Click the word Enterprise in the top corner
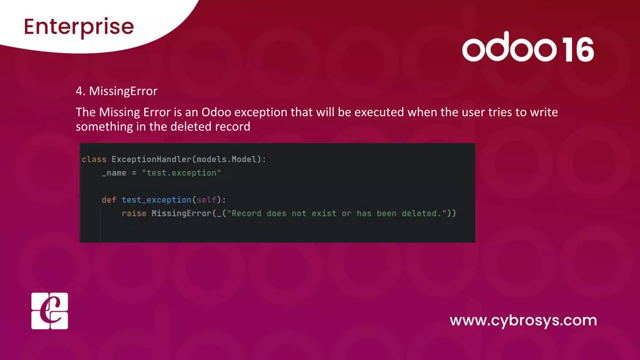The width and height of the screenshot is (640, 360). point(79,27)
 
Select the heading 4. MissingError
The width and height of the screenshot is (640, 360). point(117,91)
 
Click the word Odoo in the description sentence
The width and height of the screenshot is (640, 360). point(216,112)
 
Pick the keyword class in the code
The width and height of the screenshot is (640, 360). point(94,159)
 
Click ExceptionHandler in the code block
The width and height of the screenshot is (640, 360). point(151,159)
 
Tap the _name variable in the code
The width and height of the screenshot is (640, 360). point(114,173)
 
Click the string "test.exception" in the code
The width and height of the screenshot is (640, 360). point(181,173)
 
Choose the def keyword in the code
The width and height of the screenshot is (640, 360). point(109,200)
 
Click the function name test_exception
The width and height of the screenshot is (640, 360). point(156,200)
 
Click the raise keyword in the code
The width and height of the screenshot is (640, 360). point(134,213)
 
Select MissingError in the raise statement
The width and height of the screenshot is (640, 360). point(182,213)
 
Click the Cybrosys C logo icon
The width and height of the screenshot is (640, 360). point(50,311)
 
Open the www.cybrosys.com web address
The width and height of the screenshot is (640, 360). point(523,321)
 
